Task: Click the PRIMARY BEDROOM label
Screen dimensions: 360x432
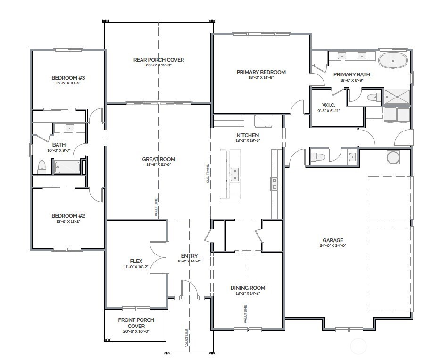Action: [261, 72]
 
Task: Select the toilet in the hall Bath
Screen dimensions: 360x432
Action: [42, 166]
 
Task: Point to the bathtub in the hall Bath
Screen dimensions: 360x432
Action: [66, 167]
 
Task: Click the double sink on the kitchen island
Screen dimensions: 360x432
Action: [234, 174]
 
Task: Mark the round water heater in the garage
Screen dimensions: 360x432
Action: [393, 157]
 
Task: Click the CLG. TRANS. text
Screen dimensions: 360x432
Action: [208, 175]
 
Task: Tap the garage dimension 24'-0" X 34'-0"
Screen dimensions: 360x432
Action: [332, 245]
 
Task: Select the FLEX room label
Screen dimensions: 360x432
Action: [136, 261]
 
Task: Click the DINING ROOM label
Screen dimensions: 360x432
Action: [248, 288]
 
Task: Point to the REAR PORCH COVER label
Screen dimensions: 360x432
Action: [158, 60]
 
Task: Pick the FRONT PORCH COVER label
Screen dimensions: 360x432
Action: [136, 323]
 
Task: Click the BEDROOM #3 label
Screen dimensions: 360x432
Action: [67, 78]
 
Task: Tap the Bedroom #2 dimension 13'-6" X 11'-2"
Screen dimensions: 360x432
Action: [68, 221]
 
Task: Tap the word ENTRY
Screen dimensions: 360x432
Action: [189, 256]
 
